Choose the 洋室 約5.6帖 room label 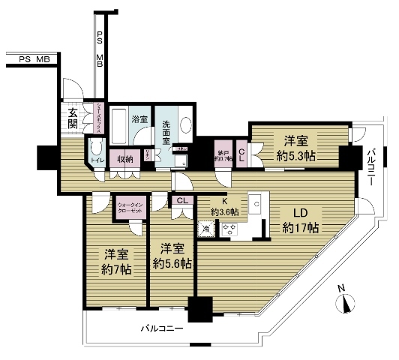[172, 256]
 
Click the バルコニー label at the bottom [162, 328]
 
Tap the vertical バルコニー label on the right [372, 166]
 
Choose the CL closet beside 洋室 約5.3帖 [241, 154]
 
